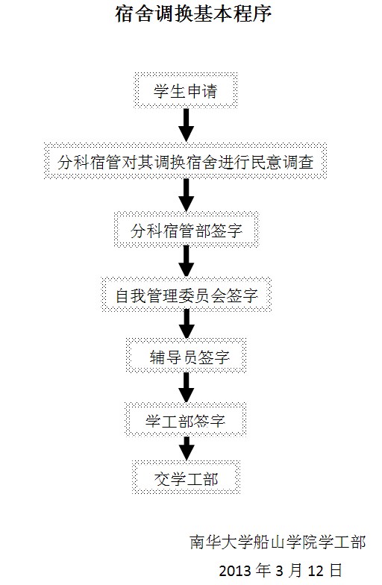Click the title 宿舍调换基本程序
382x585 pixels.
coord(192,13)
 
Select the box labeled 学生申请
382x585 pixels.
coord(186,91)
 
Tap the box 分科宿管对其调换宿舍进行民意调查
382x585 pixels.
coord(185,161)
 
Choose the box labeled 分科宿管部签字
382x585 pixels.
coord(187,230)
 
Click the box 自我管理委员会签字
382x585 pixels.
coord(187,295)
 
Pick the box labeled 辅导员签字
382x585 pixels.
coord(187,356)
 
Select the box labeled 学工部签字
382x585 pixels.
coord(185,419)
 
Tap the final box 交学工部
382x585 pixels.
coord(187,478)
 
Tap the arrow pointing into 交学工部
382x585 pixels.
coord(187,448)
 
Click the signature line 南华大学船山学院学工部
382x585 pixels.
coord(278,542)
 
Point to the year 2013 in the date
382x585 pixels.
coord(235,571)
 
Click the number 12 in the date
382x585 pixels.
coord(315,571)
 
